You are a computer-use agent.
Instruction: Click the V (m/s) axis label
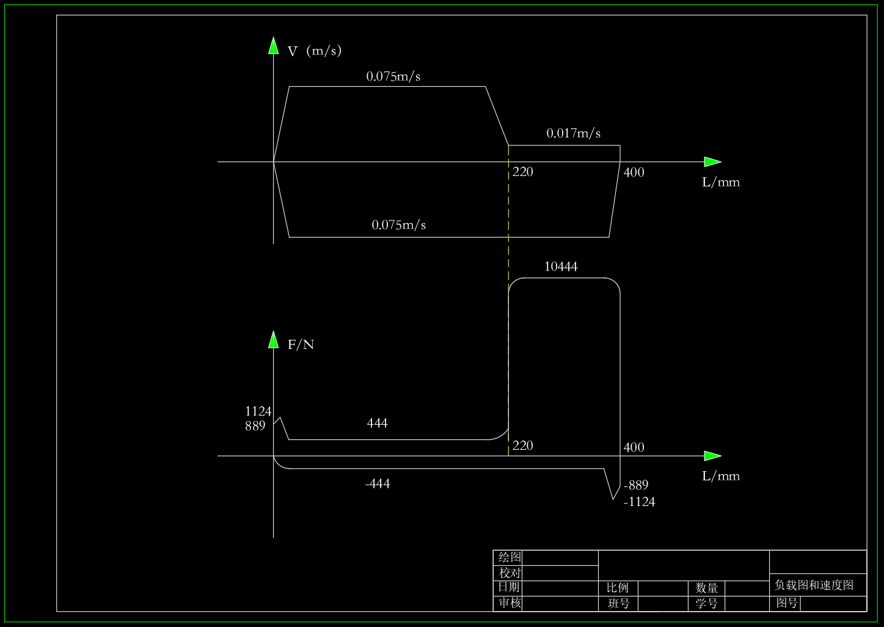(x=314, y=51)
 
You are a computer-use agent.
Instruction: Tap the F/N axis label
(x=301, y=345)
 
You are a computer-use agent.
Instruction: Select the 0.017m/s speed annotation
(x=574, y=133)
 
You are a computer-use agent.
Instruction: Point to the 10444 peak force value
(x=561, y=266)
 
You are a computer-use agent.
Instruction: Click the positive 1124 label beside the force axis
(x=258, y=411)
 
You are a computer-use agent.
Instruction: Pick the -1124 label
(x=639, y=502)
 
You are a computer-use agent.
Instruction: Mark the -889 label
(x=636, y=485)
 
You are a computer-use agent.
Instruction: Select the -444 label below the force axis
(x=378, y=483)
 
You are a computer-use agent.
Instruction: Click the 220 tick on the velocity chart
(x=522, y=172)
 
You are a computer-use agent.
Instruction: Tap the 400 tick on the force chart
(x=634, y=447)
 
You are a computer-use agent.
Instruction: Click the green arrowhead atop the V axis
(x=273, y=45)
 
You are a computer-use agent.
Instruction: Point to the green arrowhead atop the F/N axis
(x=273, y=340)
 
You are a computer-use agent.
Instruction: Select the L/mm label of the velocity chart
(x=721, y=182)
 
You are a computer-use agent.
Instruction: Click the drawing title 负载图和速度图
(x=814, y=585)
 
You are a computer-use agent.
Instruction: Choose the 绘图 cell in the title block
(x=510, y=557)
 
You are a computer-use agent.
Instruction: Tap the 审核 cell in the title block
(x=510, y=603)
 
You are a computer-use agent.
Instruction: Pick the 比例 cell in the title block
(x=618, y=588)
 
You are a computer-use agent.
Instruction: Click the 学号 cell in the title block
(x=706, y=603)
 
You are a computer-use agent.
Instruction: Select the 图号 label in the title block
(x=787, y=603)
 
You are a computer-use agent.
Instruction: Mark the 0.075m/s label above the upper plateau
(x=393, y=76)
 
